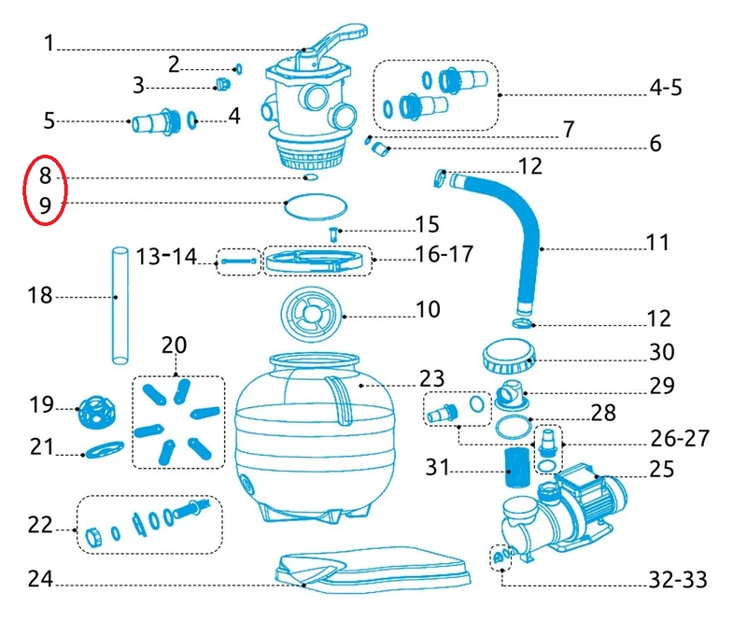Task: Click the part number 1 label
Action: click(49, 43)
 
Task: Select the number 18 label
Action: click(39, 295)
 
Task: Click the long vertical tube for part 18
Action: click(120, 305)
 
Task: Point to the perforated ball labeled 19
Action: click(97, 411)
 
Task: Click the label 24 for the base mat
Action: click(40, 579)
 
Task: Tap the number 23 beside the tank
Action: click(431, 378)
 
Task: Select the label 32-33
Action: click(678, 580)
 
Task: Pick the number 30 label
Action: click(662, 352)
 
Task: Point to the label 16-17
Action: click(444, 254)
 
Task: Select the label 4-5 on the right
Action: click(666, 88)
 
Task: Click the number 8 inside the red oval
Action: click(45, 176)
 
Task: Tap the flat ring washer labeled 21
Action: click(103, 449)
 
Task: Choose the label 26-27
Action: click(680, 439)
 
